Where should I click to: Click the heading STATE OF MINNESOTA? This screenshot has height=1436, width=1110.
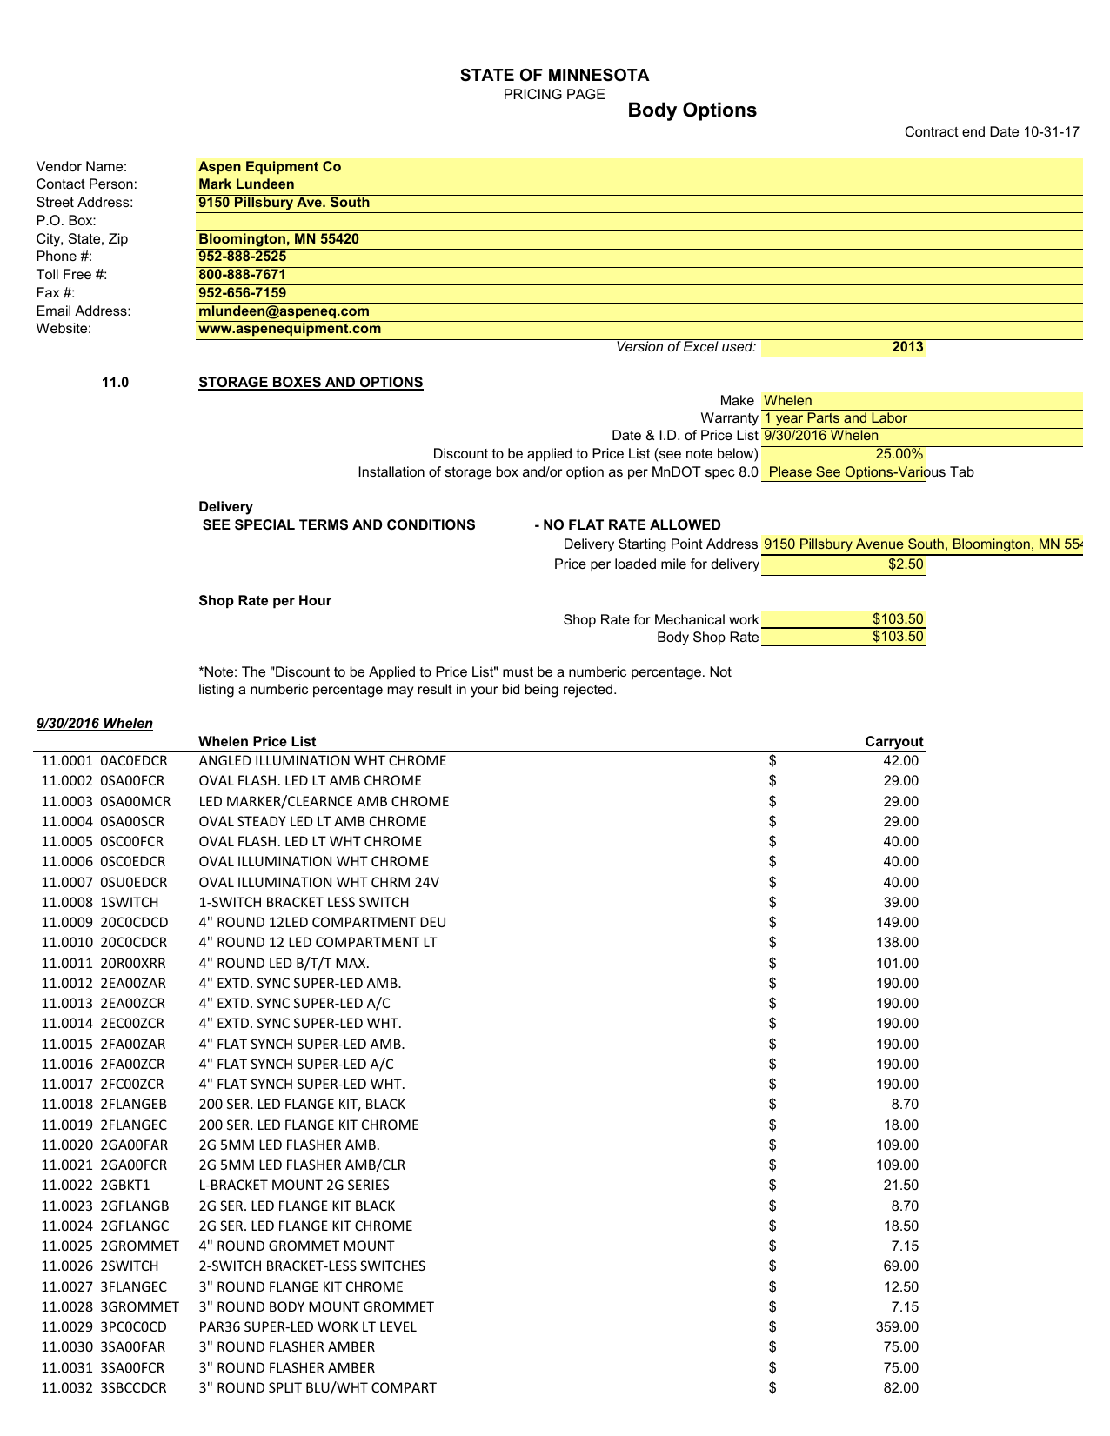(x=554, y=76)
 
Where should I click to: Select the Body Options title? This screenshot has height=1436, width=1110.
(x=692, y=110)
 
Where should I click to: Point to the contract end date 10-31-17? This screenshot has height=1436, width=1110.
(x=992, y=132)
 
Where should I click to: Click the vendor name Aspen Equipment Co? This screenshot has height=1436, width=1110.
(x=270, y=167)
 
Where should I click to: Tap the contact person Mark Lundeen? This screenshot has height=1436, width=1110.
(x=246, y=184)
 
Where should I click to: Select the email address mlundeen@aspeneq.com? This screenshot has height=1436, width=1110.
(x=284, y=311)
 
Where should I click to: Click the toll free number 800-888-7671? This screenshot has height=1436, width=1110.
(x=242, y=275)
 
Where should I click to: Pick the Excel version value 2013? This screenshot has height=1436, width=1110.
(x=907, y=347)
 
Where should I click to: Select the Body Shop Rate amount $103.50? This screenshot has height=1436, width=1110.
(x=899, y=637)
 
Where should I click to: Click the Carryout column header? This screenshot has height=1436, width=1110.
(x=893, y=742)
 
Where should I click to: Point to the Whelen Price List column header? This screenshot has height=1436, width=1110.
(x=257, y=742)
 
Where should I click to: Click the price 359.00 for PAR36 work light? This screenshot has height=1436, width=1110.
(x=900, y=1327)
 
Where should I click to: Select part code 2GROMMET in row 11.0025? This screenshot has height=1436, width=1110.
(x=140, y=1246)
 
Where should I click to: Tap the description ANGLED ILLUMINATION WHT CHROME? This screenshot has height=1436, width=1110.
(x=322, y=761)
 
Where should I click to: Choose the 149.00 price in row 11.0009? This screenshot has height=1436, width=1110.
(x=900, y=923)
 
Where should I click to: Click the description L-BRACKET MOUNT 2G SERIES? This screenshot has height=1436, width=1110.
(x=294, y=1186)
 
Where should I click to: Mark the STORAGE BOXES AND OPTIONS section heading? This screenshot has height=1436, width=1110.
(x=311, y=383)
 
